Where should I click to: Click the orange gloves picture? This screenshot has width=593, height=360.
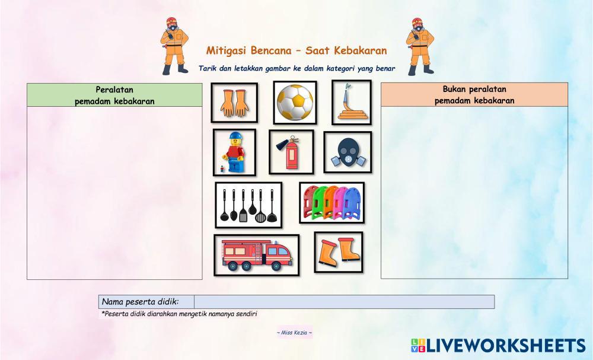234,103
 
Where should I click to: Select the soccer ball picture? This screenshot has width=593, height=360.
295,103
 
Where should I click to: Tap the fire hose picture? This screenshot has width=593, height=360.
351,103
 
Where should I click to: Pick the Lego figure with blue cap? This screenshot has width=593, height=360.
234,152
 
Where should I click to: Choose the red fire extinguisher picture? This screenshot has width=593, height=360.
291,152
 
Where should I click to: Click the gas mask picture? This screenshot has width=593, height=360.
347,152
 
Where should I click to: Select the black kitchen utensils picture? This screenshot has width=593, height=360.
248,205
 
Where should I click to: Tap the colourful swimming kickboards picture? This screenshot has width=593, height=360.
331,203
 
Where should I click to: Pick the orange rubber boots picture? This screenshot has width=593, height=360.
338,252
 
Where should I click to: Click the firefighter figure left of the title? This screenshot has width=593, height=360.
173,46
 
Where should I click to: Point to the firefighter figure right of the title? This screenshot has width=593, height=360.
419,46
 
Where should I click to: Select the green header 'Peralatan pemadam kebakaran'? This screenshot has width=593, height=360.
114,95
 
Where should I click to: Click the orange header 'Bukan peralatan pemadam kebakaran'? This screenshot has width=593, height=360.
474,95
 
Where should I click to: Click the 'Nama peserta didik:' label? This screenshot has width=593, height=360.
141,302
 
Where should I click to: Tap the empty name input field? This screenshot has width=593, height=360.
344,302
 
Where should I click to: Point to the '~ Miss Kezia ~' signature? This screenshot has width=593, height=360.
294,333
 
